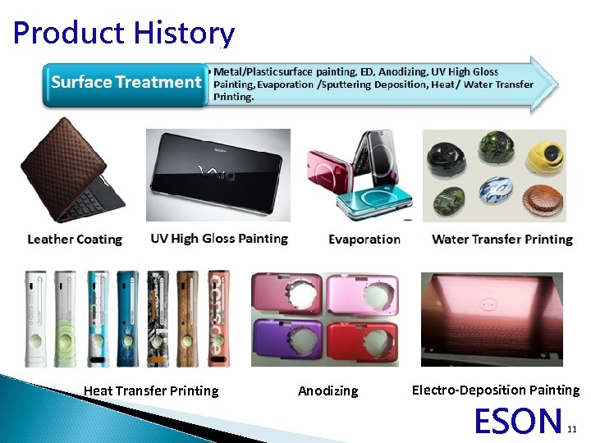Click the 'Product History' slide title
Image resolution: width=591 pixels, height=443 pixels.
pos(123,33)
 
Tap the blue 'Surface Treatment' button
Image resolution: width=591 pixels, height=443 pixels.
pos(125,83)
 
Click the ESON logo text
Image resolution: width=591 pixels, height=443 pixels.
pos(518,421)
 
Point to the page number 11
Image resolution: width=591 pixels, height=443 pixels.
pos(572,428)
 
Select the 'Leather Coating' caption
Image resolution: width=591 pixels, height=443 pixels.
pos(75,240)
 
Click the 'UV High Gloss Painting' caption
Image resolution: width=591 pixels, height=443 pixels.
pos(219,239)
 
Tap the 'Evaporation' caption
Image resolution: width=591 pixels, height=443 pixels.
pos(364,240)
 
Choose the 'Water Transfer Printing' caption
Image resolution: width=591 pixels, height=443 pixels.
pos(502,240)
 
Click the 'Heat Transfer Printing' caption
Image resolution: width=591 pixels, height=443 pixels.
pos(151,390)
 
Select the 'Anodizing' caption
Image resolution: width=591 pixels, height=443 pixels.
pos(328,391)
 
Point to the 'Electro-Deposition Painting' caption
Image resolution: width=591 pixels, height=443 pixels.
pos(495,390)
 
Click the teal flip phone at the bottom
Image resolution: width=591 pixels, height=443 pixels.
pos(373,201)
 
